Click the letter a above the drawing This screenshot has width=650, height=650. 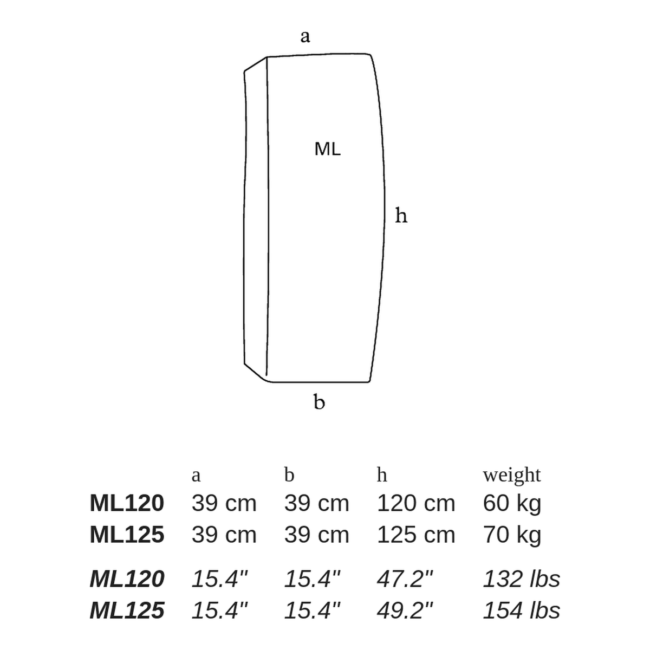pyautogui.click(x=305, y=36)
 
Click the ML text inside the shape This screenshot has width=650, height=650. pyautogui.click(x=327, y=149)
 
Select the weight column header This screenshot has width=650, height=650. pyautogui.click(x=512, y=475)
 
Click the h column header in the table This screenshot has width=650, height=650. pyautogui.click(x=382, y=474)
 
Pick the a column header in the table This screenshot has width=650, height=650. pyautogui.click(x=196, y=476)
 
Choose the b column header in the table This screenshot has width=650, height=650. pyautogui.click(x=289, y=474)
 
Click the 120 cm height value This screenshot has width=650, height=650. pyautogui.click(x=416, y=503)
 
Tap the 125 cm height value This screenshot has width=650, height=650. pyautogui.click(x=416, y=535)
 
